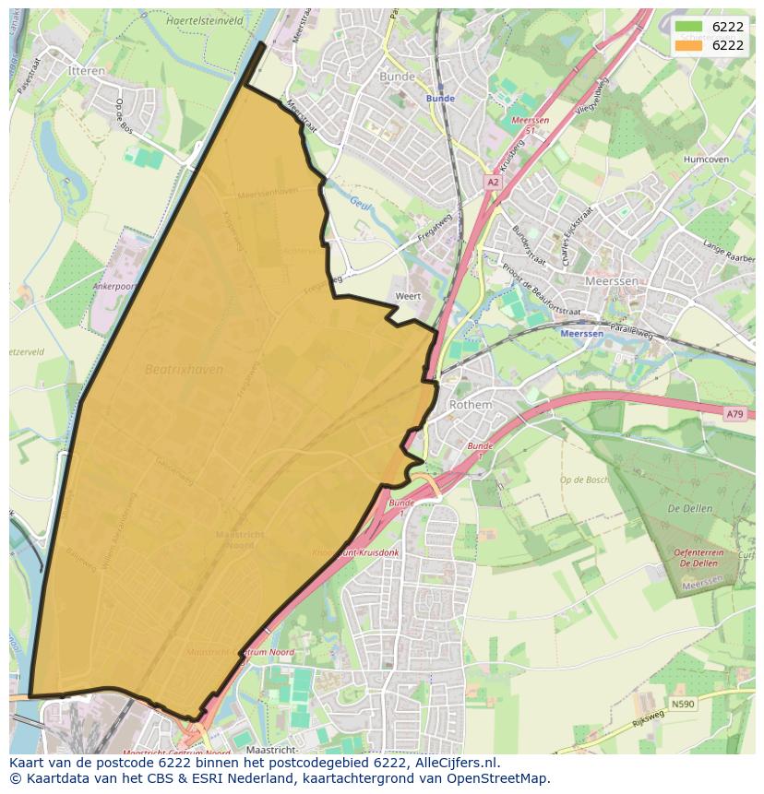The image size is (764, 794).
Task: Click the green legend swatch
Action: [689, 28]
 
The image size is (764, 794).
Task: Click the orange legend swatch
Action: [689, 45]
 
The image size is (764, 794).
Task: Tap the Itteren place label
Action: [87, 70]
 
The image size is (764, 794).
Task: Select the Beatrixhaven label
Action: [185, 370]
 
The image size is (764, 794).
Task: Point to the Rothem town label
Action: [471, 405]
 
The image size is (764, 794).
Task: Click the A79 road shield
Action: [734, 414]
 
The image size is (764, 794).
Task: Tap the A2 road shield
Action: [493, 183]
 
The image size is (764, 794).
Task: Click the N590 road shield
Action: [682, 704]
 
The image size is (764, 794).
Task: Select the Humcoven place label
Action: [706, 159]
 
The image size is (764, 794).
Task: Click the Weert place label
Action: [408, 296]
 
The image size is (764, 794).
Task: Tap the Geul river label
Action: [360, 203]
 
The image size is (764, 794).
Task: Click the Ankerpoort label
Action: [114, 286]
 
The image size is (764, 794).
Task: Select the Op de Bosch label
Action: [584, 480]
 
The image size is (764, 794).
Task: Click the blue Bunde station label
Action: [440, 99]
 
